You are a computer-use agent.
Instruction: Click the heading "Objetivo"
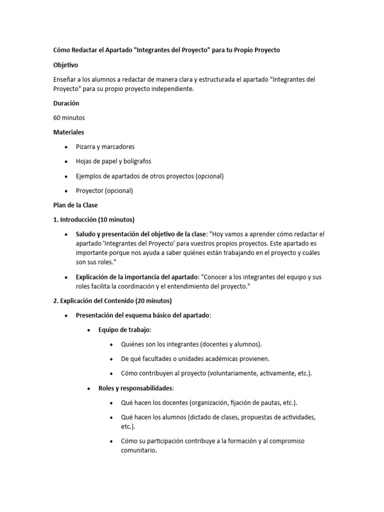(65, 65)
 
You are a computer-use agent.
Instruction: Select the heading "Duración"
(66, 103)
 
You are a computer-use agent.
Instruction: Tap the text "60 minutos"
(69, 117)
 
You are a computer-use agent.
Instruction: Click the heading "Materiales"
(68, 132)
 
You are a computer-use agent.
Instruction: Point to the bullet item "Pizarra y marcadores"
(105, 147)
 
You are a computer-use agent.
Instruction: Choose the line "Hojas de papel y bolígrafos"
(113, 161)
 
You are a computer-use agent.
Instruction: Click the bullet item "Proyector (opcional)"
(104, 190)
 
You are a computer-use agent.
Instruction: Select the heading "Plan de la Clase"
(75, 205)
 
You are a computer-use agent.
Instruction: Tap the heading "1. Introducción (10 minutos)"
(94, 219)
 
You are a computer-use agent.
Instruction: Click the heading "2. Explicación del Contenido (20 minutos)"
(112, 301)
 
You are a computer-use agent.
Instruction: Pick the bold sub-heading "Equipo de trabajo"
(124, 330)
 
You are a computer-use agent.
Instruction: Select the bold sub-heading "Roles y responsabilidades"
(136, 388)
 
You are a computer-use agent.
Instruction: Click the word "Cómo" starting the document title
(62, 50)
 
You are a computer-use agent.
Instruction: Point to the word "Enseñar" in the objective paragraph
(65, 79)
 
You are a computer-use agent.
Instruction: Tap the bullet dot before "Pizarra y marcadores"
(66, 147)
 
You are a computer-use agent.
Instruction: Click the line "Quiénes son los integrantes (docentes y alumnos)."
(191, 344)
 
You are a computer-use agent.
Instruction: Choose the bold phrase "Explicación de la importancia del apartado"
(137, 277)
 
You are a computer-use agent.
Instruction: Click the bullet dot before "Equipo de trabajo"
(88, 330)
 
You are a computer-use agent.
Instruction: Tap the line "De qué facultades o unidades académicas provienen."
(195, 359)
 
